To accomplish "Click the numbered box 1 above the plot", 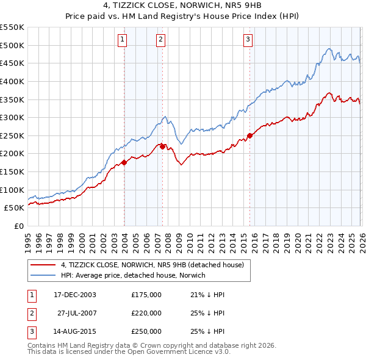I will point(123,40).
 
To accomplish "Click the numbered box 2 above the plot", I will point(160,40).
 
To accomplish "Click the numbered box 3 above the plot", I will point(248,40).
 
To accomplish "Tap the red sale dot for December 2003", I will point(124,162).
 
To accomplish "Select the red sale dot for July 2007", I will point(163,146).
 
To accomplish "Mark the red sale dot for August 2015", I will point(249,135).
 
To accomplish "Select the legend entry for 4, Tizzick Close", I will point(152,265).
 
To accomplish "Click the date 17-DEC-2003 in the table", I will point(75,295).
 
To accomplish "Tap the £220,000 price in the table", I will point(146,313).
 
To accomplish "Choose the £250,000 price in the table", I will point(146,331).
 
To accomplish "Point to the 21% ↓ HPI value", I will point(207,295).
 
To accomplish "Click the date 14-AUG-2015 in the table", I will point(75,331).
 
